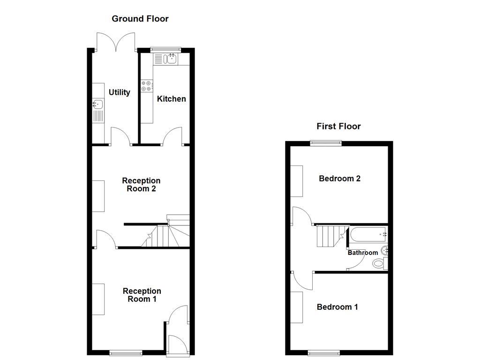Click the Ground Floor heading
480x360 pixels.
(140, 19)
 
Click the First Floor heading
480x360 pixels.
(338, 126)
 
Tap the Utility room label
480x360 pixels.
(119, 92)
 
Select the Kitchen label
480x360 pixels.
(171, 99)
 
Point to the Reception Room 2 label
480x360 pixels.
(141, 185)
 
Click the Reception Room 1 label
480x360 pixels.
(142, 295)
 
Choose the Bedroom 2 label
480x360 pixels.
(339, 179)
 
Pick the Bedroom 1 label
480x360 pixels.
(337, 307)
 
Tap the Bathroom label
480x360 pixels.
(362, 253)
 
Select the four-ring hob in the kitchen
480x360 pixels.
(146, 86)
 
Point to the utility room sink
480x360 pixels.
(98, 105)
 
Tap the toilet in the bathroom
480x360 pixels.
(379, 263)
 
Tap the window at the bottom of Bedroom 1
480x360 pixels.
(324, 352)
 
